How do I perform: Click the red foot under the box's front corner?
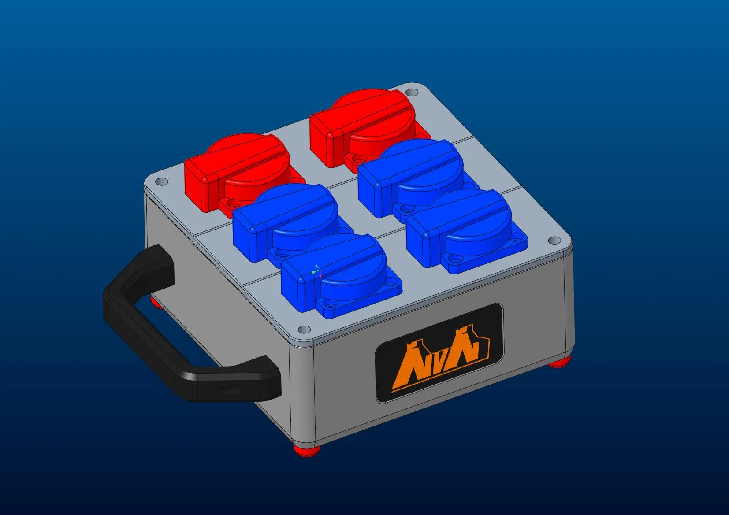click(x=307, y=450)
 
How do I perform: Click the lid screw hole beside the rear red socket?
click(x=411, y=92)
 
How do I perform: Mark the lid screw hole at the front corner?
click(x=304, y=330)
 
